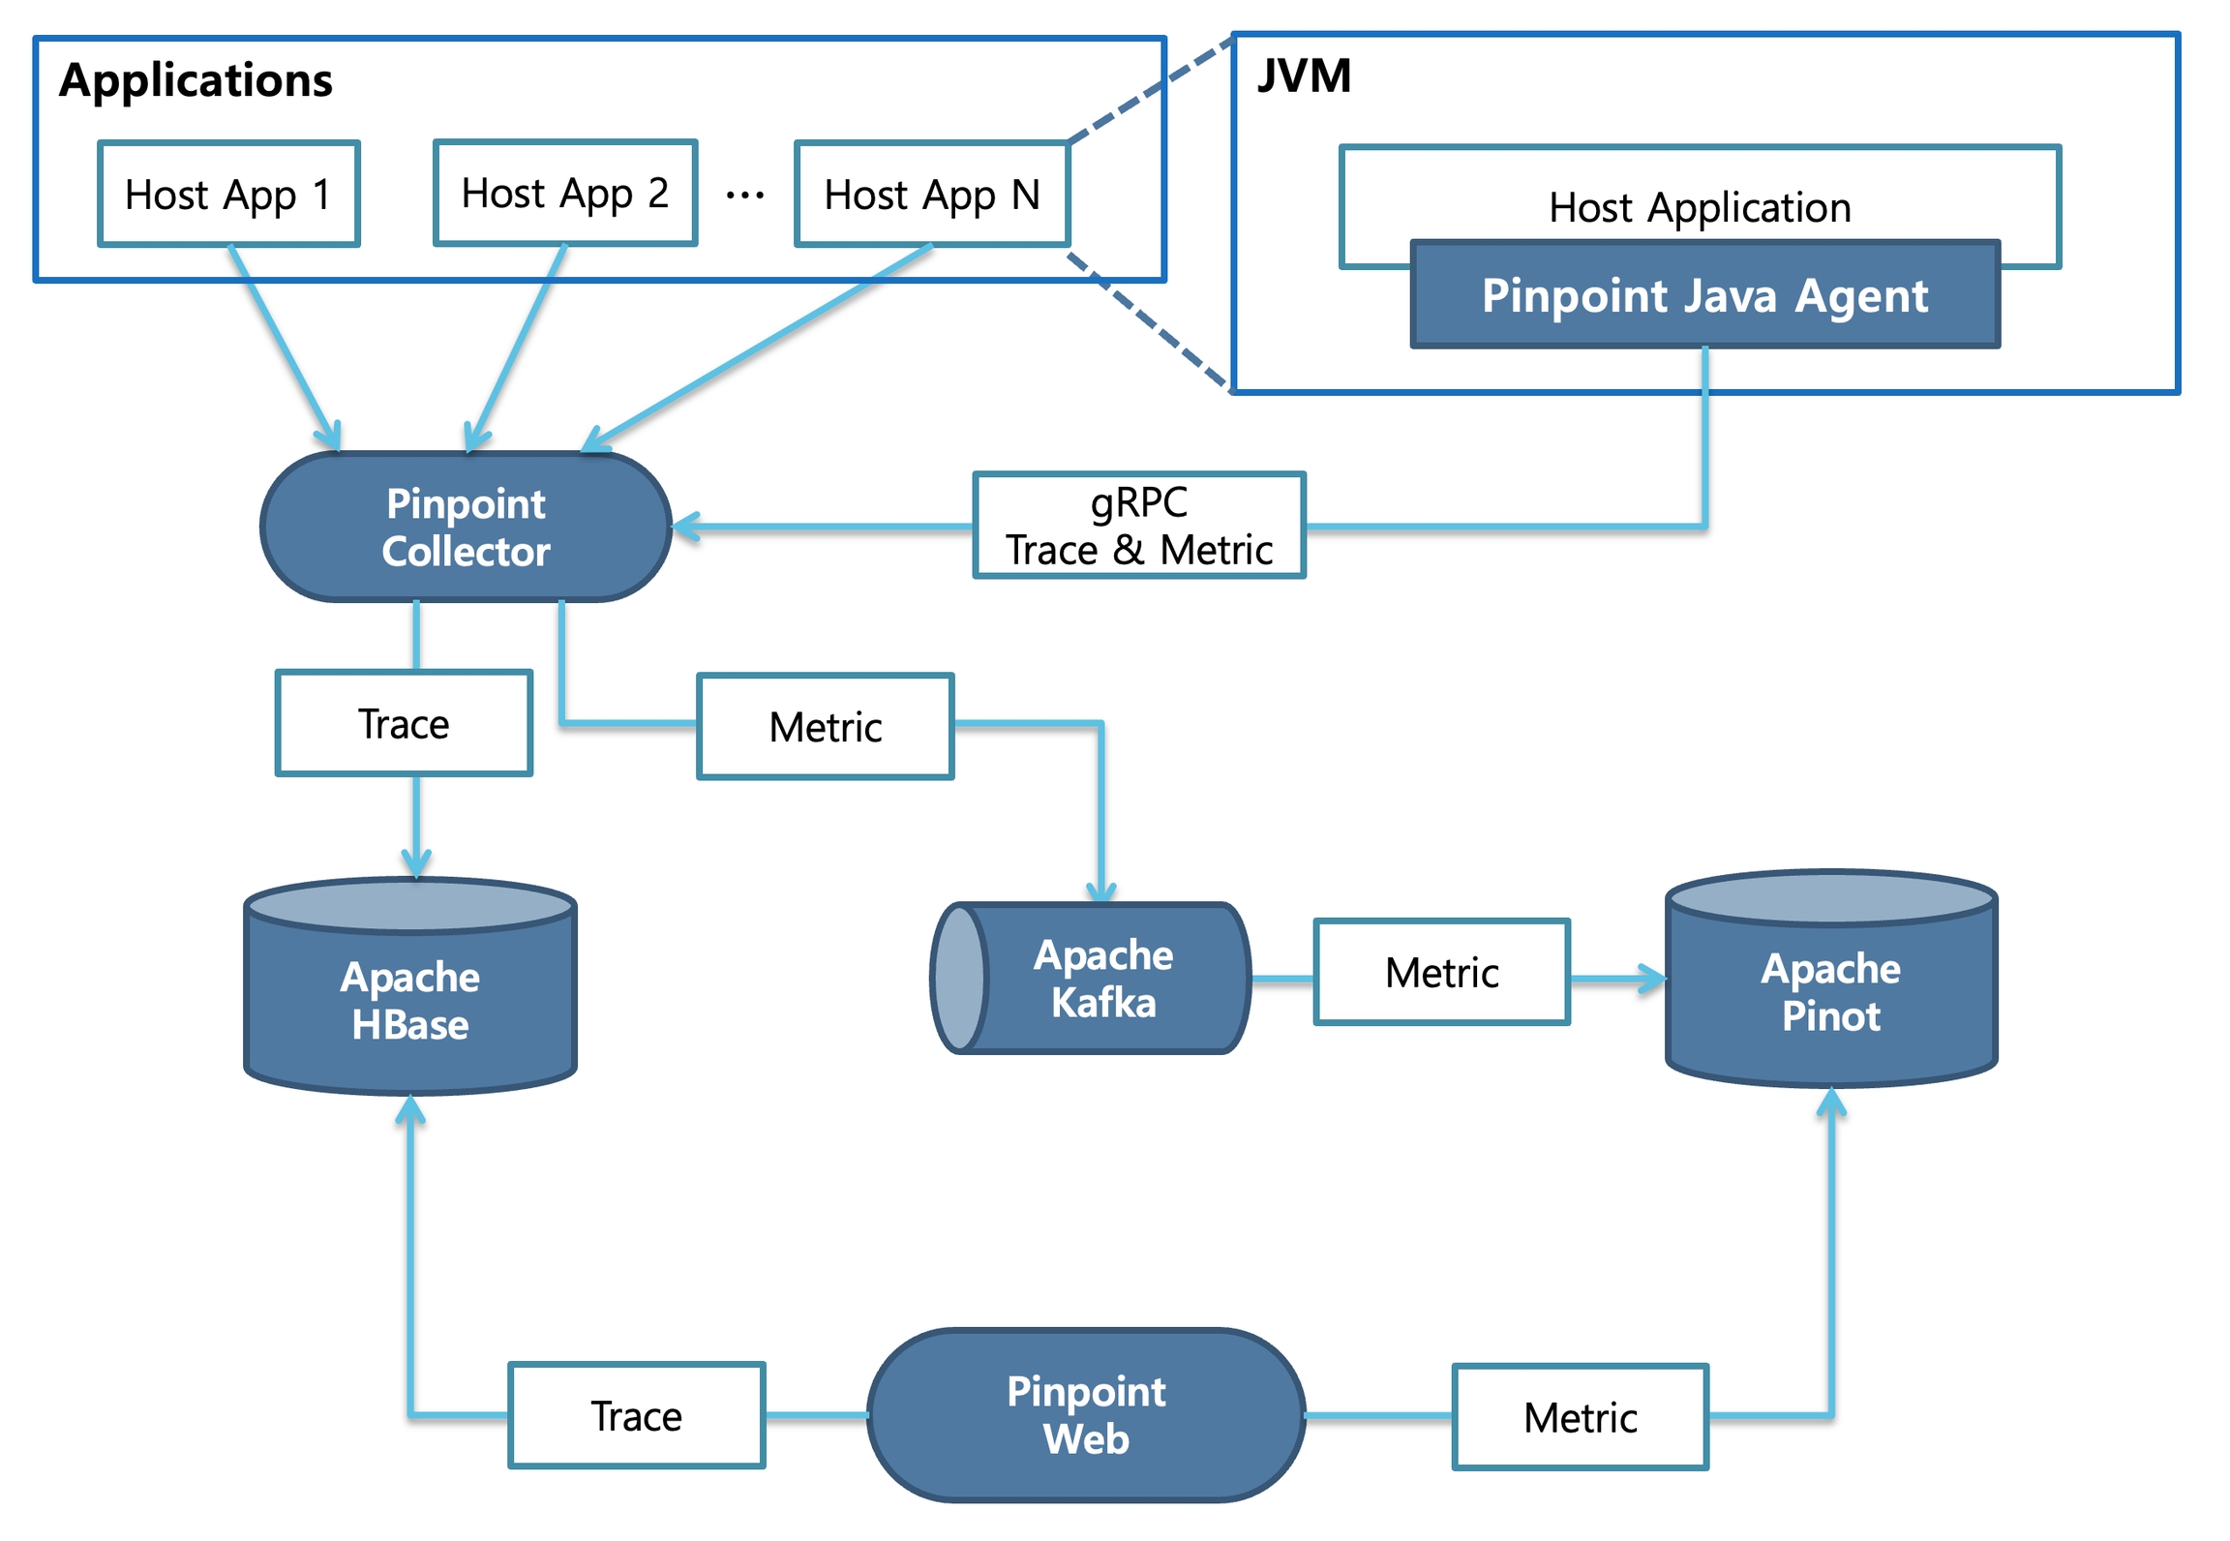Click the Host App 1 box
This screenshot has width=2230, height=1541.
[x=228, y=194]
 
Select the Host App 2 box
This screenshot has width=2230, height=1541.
[x=565, y=193]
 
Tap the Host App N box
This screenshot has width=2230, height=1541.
[x=931, y=194]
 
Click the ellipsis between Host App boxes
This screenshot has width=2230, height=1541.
[x=744, y=196]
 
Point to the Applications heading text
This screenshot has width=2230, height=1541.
[x=196, y=79]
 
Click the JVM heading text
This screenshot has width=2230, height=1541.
[x=1303, y=76]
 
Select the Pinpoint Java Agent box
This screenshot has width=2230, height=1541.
[x=1703, y=294]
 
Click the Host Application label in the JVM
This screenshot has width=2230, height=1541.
[x=1699, y=207]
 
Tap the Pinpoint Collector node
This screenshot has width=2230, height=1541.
[x=466, y=527]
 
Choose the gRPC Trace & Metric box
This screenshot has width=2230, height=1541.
[x=1138, y=526]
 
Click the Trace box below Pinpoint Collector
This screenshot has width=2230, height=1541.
[x=404, y=723]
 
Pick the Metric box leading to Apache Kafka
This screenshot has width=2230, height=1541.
[x=825, y=726]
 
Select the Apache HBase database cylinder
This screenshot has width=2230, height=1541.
[x=410, y=997]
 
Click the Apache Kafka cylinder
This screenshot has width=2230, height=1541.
[x=1101, y=978]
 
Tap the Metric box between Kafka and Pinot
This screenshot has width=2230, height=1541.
[x=1441, y=972]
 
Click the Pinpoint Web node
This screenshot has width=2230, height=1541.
[x=1086, y=1414]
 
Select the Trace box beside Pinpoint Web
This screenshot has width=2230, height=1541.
[x=636, y=1415]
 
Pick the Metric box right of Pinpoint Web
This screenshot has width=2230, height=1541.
[x=1580, y=1417]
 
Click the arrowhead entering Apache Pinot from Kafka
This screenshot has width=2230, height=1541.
[x=1653, y=978]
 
